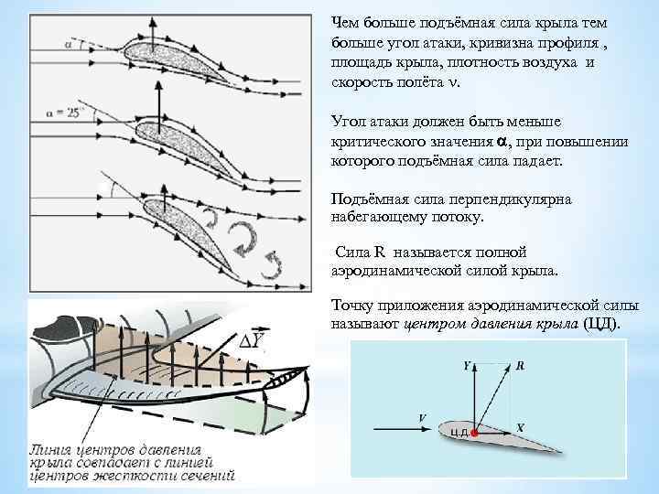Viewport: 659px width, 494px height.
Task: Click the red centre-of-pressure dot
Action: [x=473, y=430]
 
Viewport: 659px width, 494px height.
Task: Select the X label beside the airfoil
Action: [x=520, y=426]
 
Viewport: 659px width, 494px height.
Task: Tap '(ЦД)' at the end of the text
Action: [x=600, y=325]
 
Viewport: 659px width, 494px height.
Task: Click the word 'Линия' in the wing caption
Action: [x=54, y=449]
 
